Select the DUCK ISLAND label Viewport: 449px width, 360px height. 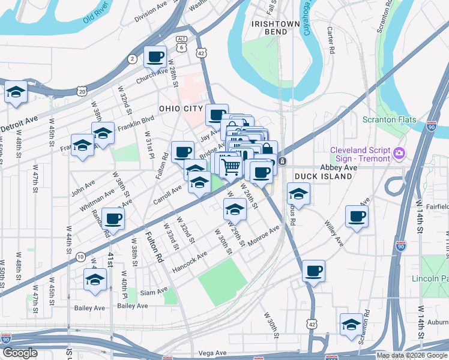coord(323,177)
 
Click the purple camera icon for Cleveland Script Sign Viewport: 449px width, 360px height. coord(399,154)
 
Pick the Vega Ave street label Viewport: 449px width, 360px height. coord(211,353)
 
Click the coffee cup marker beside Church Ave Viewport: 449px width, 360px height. coord(155,58)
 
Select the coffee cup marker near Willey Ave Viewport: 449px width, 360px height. coord(357,217)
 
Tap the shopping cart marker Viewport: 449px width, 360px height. coord(231,166)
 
